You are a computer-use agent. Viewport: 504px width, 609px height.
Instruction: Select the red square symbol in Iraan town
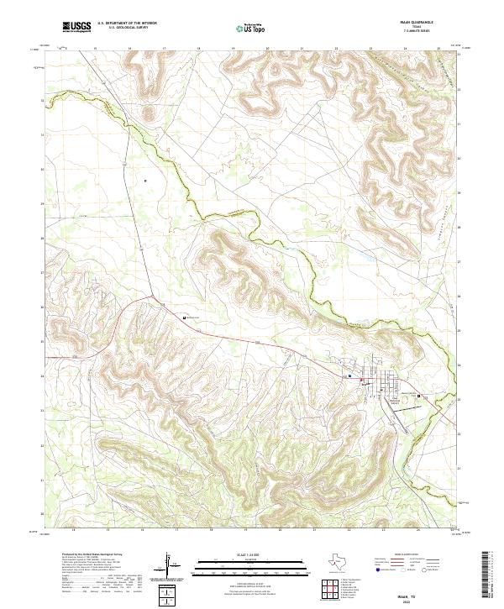tap(362, 382)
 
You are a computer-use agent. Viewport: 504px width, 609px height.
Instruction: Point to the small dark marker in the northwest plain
tap(145, 180)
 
